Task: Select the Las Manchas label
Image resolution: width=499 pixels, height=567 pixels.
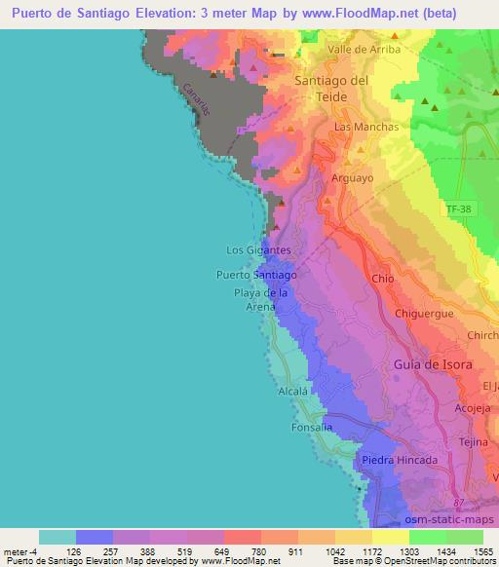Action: click(x=366, y=128)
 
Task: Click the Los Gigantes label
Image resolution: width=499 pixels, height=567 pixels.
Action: click(x=258, y=250)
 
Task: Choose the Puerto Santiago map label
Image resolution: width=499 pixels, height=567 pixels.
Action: click(x=256, y=275)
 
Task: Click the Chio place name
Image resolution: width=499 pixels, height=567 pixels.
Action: click(x=383, y=279)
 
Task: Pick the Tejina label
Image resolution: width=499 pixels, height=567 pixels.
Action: click(x=473, y=440)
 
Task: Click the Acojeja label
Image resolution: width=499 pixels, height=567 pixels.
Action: click(x=476, y=409)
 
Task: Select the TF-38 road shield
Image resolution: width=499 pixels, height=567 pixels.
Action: click(x=456, y=208)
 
